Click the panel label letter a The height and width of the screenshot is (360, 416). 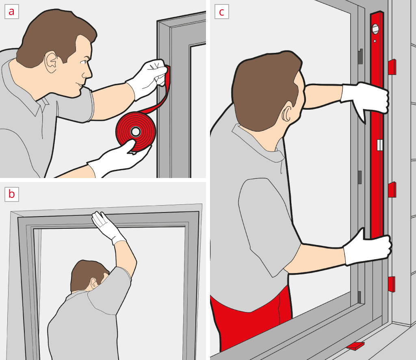click(11, 11)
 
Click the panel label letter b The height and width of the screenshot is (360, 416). click(11, 194)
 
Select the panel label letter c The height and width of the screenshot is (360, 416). click(221, 11)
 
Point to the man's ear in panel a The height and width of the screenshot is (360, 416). click(52, 61)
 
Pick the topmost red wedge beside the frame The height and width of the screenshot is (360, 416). click(392, 67)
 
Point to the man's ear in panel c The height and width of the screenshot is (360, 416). click(286, 115)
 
